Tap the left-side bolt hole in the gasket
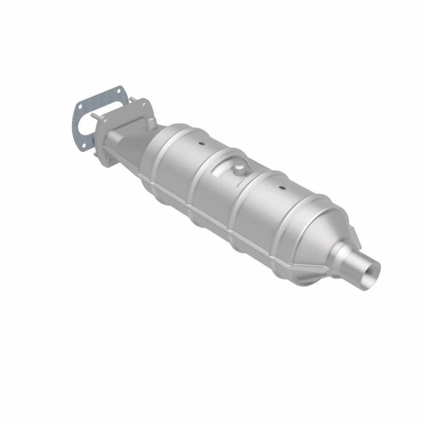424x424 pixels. pos(77,106)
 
